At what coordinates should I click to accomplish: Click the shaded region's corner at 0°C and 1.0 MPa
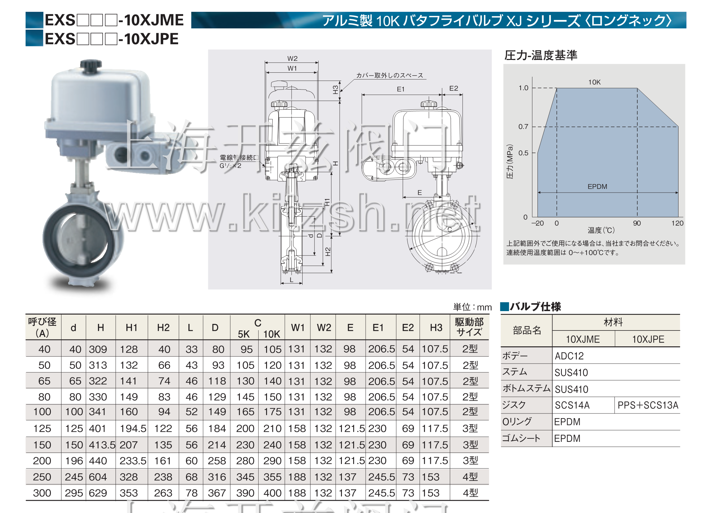pyautogui.click(x=557, y=88)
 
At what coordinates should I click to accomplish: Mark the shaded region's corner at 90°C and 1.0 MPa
pyautogui.click(x=637, y=88)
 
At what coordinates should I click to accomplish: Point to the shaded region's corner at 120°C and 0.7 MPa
pyautogui.click(x=678, y=127)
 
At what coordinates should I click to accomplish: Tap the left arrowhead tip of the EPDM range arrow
pyautogui.click(x=538, y=192)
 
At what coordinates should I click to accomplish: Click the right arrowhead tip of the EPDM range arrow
pyautogui.click(x=678, y=192)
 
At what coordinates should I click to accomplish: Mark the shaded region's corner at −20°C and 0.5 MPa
pyautogui.click(x=538, y=153)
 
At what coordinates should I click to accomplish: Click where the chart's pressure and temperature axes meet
pyautogui.click(x=533, y=217)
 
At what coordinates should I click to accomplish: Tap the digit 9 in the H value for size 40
pyautogui.click(x=104, y=349)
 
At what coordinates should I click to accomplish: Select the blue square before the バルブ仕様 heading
pyautogui.click(x=505, y=306)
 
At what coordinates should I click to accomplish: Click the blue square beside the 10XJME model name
pyautogui.click(x=34, y=20)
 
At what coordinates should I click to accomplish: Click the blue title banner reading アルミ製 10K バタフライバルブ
pyautogui.click(x=439, y=20)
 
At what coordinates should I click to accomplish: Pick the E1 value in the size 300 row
pyautogui.click(x=382, y=493)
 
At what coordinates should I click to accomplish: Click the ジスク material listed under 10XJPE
pyautogui.click(x=648, y=405)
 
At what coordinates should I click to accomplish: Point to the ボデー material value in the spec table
pyautogui.click(x=569, y=356)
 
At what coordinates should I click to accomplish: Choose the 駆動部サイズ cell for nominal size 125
pyautogui.click(x=470, y=428)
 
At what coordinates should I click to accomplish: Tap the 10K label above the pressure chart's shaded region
pyautogui.click(x=595, y=82)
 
